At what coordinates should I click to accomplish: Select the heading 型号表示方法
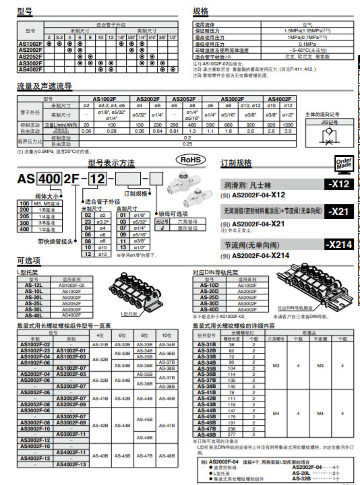tap(111, 164)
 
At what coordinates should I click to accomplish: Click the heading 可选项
tap(28, 260)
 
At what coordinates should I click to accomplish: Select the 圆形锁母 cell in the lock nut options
tap(179, 227)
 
